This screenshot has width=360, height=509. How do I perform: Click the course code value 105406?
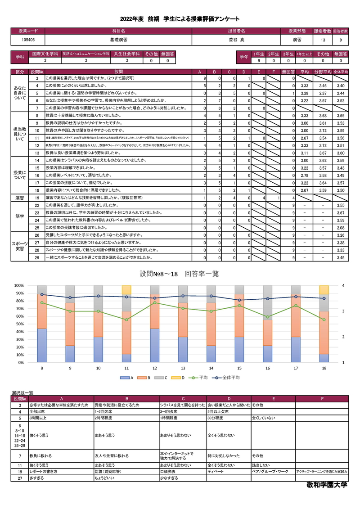click(28, 40)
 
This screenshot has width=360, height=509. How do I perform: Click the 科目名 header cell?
click(118, 31)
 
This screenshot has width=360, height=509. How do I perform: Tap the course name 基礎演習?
click(118, 40)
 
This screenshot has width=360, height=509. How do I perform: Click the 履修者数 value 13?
click(323, 40)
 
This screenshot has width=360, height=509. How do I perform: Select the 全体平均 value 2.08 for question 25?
click(341, 228)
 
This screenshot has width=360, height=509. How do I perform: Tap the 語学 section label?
click(20, 216)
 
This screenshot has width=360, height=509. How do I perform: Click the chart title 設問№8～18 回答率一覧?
click(179, 274)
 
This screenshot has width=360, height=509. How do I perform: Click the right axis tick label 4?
click(343, 285)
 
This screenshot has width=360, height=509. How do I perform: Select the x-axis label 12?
click(155, 368)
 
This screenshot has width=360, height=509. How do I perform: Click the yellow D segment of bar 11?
click(126, 290)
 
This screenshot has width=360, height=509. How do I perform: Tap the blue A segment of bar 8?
click(41, 345)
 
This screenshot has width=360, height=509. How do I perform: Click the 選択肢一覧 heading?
click(22, 393)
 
